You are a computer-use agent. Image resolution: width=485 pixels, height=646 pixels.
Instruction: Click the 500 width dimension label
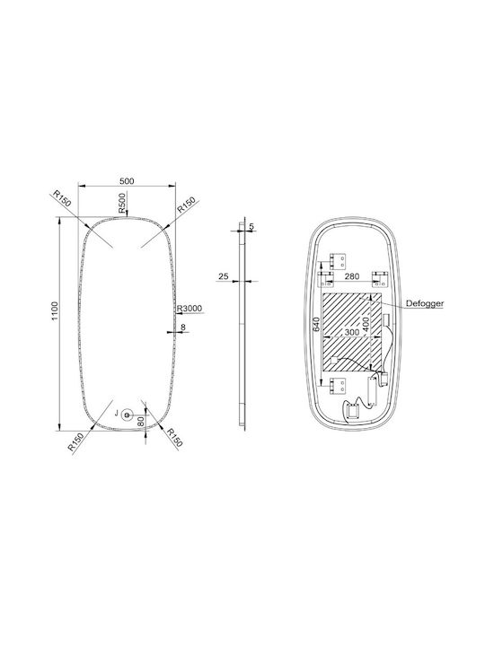(127, 181)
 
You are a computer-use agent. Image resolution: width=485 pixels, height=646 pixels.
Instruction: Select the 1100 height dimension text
(55, 311)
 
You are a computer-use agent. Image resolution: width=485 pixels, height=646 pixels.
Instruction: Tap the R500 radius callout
(122, 203)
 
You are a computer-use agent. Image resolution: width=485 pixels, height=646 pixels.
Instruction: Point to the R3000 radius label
(190, 308)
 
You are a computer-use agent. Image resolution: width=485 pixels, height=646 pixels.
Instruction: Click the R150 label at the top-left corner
(62, 198)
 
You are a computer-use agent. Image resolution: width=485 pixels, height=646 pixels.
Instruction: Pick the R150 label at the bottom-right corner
(173, 438)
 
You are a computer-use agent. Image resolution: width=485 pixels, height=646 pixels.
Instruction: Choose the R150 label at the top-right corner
(186, 205)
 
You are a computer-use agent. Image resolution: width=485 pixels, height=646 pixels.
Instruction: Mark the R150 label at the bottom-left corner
(75, 441)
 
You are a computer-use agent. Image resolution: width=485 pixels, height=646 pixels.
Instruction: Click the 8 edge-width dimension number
(183, 327)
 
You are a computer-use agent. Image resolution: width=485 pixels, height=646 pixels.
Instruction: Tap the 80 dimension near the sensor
(141, 421)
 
